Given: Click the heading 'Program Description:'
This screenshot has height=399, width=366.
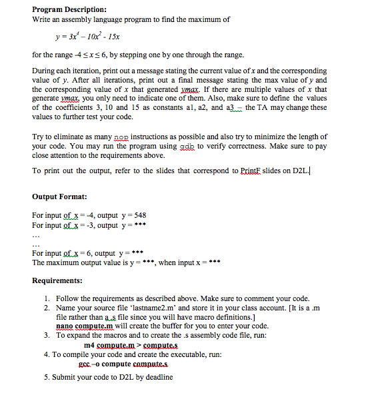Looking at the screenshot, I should (69, 9).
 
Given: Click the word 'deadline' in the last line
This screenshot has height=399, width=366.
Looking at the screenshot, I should (157, 377).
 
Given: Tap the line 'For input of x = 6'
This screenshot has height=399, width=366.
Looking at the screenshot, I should (87, 254).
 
